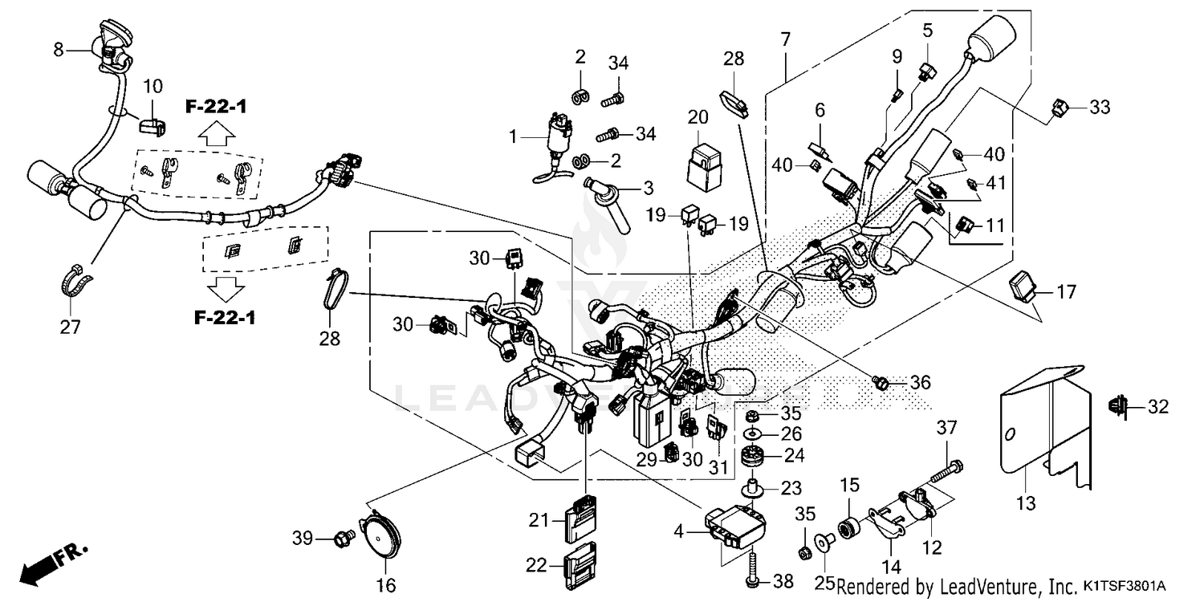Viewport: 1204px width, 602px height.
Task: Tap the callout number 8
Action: click(x=58, y=50)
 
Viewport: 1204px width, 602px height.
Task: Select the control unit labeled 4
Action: click(x=734, y=524)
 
